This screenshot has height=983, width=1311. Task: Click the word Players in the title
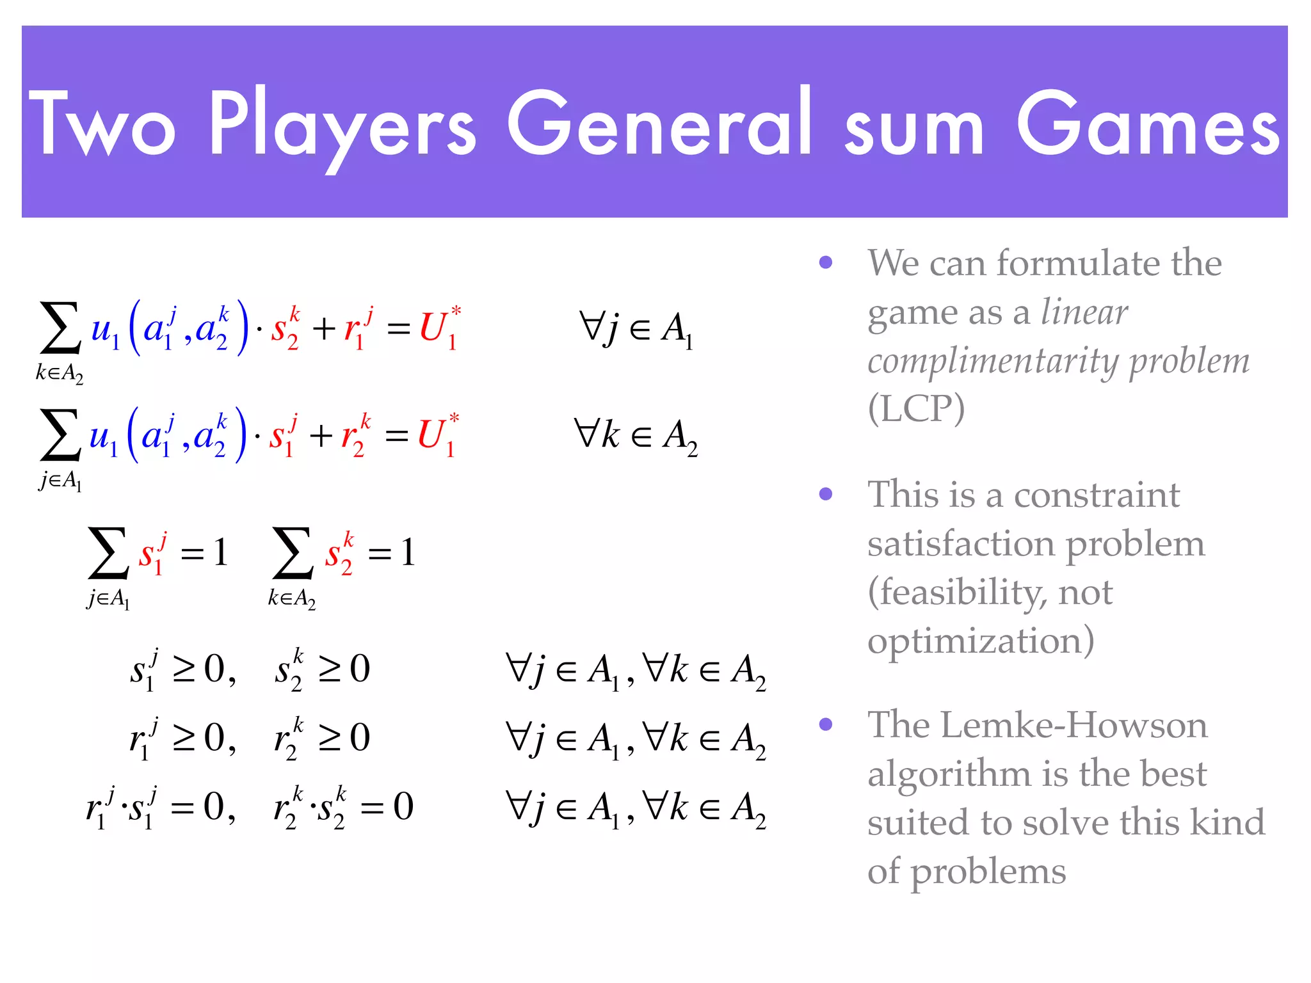(x=342, y=125)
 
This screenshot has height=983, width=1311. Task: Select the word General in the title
(x=659, y=125)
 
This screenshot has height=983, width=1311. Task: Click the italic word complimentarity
(x=993, y=362)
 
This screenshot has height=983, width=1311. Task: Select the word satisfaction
(x=961, y=544)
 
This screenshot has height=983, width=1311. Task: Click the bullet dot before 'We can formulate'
(x=826, y=262)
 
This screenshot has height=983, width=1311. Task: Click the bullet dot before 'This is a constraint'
(x=826, y=494)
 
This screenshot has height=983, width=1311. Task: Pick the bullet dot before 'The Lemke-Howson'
(x=826, y=724)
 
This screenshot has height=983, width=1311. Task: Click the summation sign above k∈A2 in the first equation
(x=61, y=328)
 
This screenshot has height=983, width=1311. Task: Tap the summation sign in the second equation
(x=61, y=435)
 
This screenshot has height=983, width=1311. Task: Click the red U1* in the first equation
(x=439, y=328)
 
